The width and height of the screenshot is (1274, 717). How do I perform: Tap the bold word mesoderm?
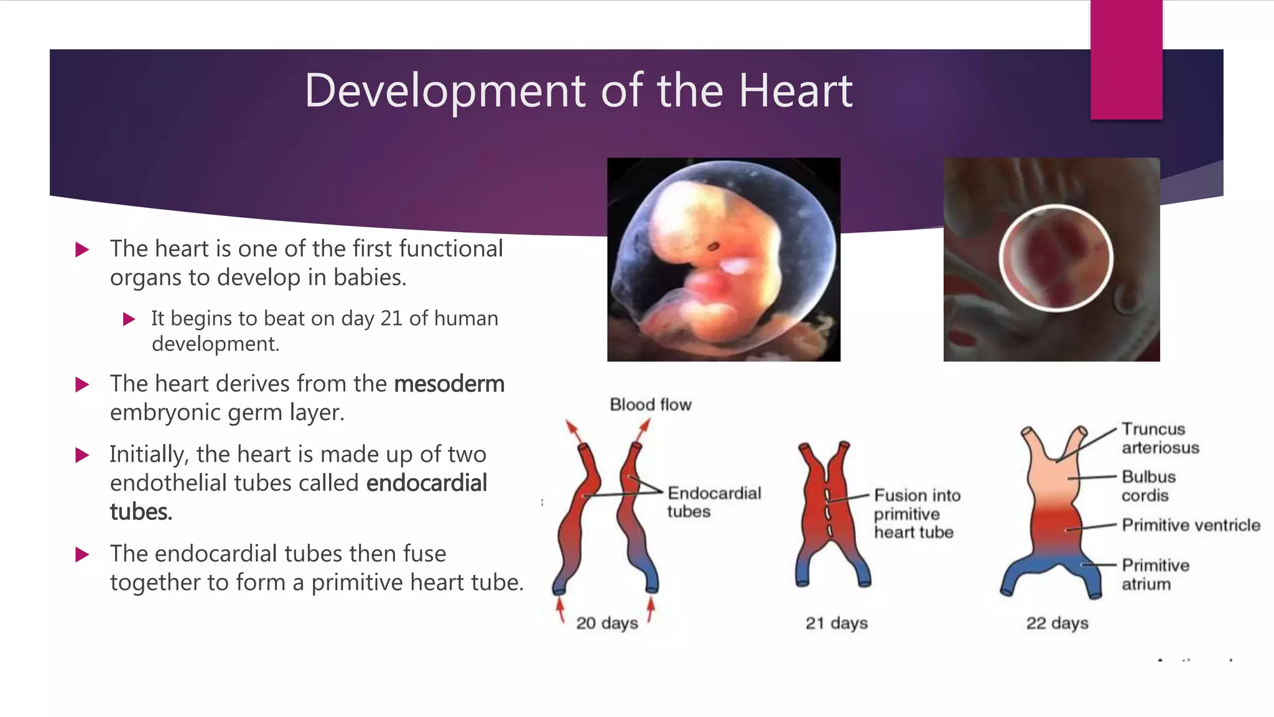pyautogui.click(x=449, y=384)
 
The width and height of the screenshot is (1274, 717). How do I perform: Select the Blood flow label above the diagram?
pyautogui.click(x=651, y=405)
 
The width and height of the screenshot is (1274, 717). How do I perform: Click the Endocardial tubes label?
pyautogui.click(x=714, y=502)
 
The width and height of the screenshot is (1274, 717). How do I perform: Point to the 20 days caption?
pyautogui.click(x=607, y=623)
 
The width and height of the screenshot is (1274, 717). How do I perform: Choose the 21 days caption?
pyautogui.click(x=837, y=623)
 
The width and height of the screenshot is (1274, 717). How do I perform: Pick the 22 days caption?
pyautogui.click(x=1058, y=623)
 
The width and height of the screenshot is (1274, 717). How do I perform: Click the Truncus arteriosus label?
pyautogui.click(x=1160, y=438)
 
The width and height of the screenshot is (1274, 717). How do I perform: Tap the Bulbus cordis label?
pyautogui.click(x=1148, y=486)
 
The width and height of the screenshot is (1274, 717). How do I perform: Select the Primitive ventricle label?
pyautogui.click(x=1191, y=525)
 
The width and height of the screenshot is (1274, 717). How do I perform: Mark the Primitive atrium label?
pyautogui.click(x=1155, y=574)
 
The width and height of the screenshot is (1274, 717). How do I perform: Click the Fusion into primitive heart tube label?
pyautogui.click(x=917, y=513)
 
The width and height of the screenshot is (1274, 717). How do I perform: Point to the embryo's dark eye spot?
pyautogui.click(x=714, y=247)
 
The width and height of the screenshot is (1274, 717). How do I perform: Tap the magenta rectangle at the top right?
pyautogui.click(x=1126, y=60)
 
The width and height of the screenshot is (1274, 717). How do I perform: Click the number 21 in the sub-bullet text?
pyautogui.click(x=391, y=319)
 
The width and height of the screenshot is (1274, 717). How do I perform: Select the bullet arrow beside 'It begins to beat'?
pyautogui.click(x=129, y=320)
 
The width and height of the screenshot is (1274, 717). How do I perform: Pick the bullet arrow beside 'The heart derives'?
pyautogui.click(x=82, y=385)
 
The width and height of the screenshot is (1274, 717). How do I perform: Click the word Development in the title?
pyautogui.click(x=445, y=91)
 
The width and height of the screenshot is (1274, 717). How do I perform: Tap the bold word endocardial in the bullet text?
pyautogui.click(x=427, y=483)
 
